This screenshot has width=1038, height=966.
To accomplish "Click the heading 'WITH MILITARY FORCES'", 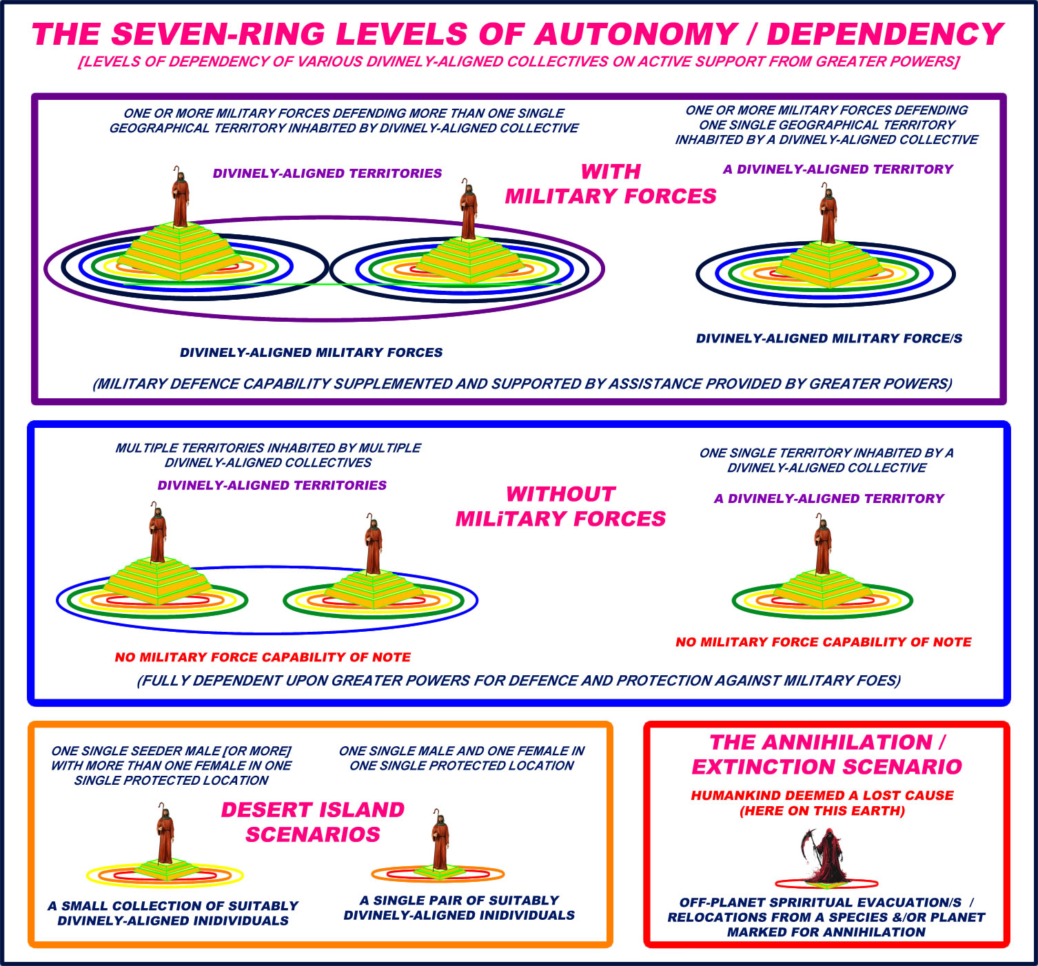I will coord(611,184).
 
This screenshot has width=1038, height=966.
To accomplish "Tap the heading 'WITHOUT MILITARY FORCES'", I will coord(560,506).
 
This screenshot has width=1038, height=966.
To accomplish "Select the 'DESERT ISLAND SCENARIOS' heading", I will coord(313,822).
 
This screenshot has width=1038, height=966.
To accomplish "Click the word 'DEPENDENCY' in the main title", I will coord(884,34).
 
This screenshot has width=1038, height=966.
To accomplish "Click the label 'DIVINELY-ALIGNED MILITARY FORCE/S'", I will coord(828,338).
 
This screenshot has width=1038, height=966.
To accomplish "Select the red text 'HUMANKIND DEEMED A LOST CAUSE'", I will coord(822,795).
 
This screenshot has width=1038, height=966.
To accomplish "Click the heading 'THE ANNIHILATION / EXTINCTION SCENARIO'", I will coord(826,754).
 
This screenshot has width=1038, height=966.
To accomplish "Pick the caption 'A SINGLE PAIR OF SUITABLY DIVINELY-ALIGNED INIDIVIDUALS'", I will coord(459,907).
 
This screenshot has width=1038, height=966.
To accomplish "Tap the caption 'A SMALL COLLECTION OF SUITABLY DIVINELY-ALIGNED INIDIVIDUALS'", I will coord(173,913).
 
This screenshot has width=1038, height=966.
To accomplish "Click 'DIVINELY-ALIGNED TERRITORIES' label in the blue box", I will coord(272,485).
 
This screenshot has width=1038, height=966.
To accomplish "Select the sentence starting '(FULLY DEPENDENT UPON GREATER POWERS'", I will coord(519,681).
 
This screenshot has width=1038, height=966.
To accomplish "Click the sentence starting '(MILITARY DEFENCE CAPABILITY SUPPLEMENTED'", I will coord(522,384).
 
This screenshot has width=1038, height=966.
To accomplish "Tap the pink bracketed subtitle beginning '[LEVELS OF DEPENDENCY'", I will coord(519,61).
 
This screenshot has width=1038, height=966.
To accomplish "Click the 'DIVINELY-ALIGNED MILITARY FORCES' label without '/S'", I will coord(311,352).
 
